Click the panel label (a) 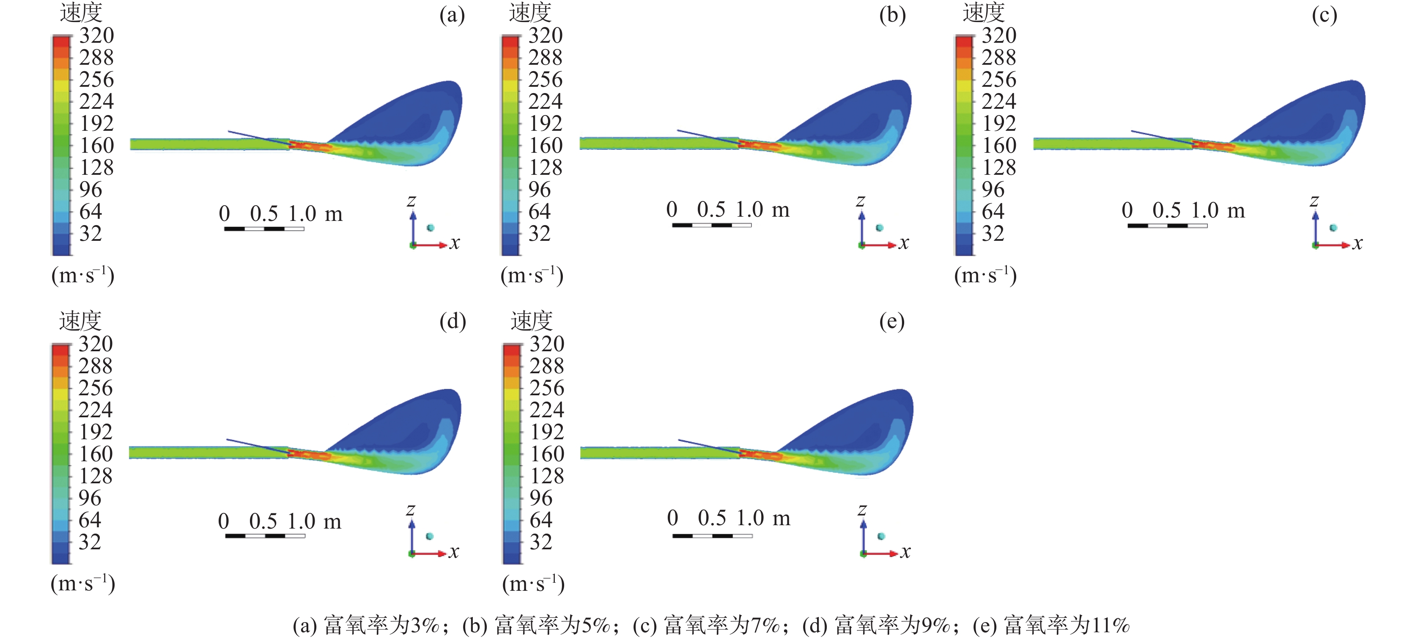point(452,15)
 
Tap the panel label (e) point(891,322)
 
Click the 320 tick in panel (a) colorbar point(97,36)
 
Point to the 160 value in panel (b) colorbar point(546,146)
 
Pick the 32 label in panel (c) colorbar point(993,234)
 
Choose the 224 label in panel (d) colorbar point(96,410)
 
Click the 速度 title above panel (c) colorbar point(983,12)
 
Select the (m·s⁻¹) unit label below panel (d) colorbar point(83,583)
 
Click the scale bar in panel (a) point(264,229)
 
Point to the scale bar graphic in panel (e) point(713,536)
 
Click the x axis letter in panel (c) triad point(1357,243)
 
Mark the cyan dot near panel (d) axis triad point(430,536)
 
